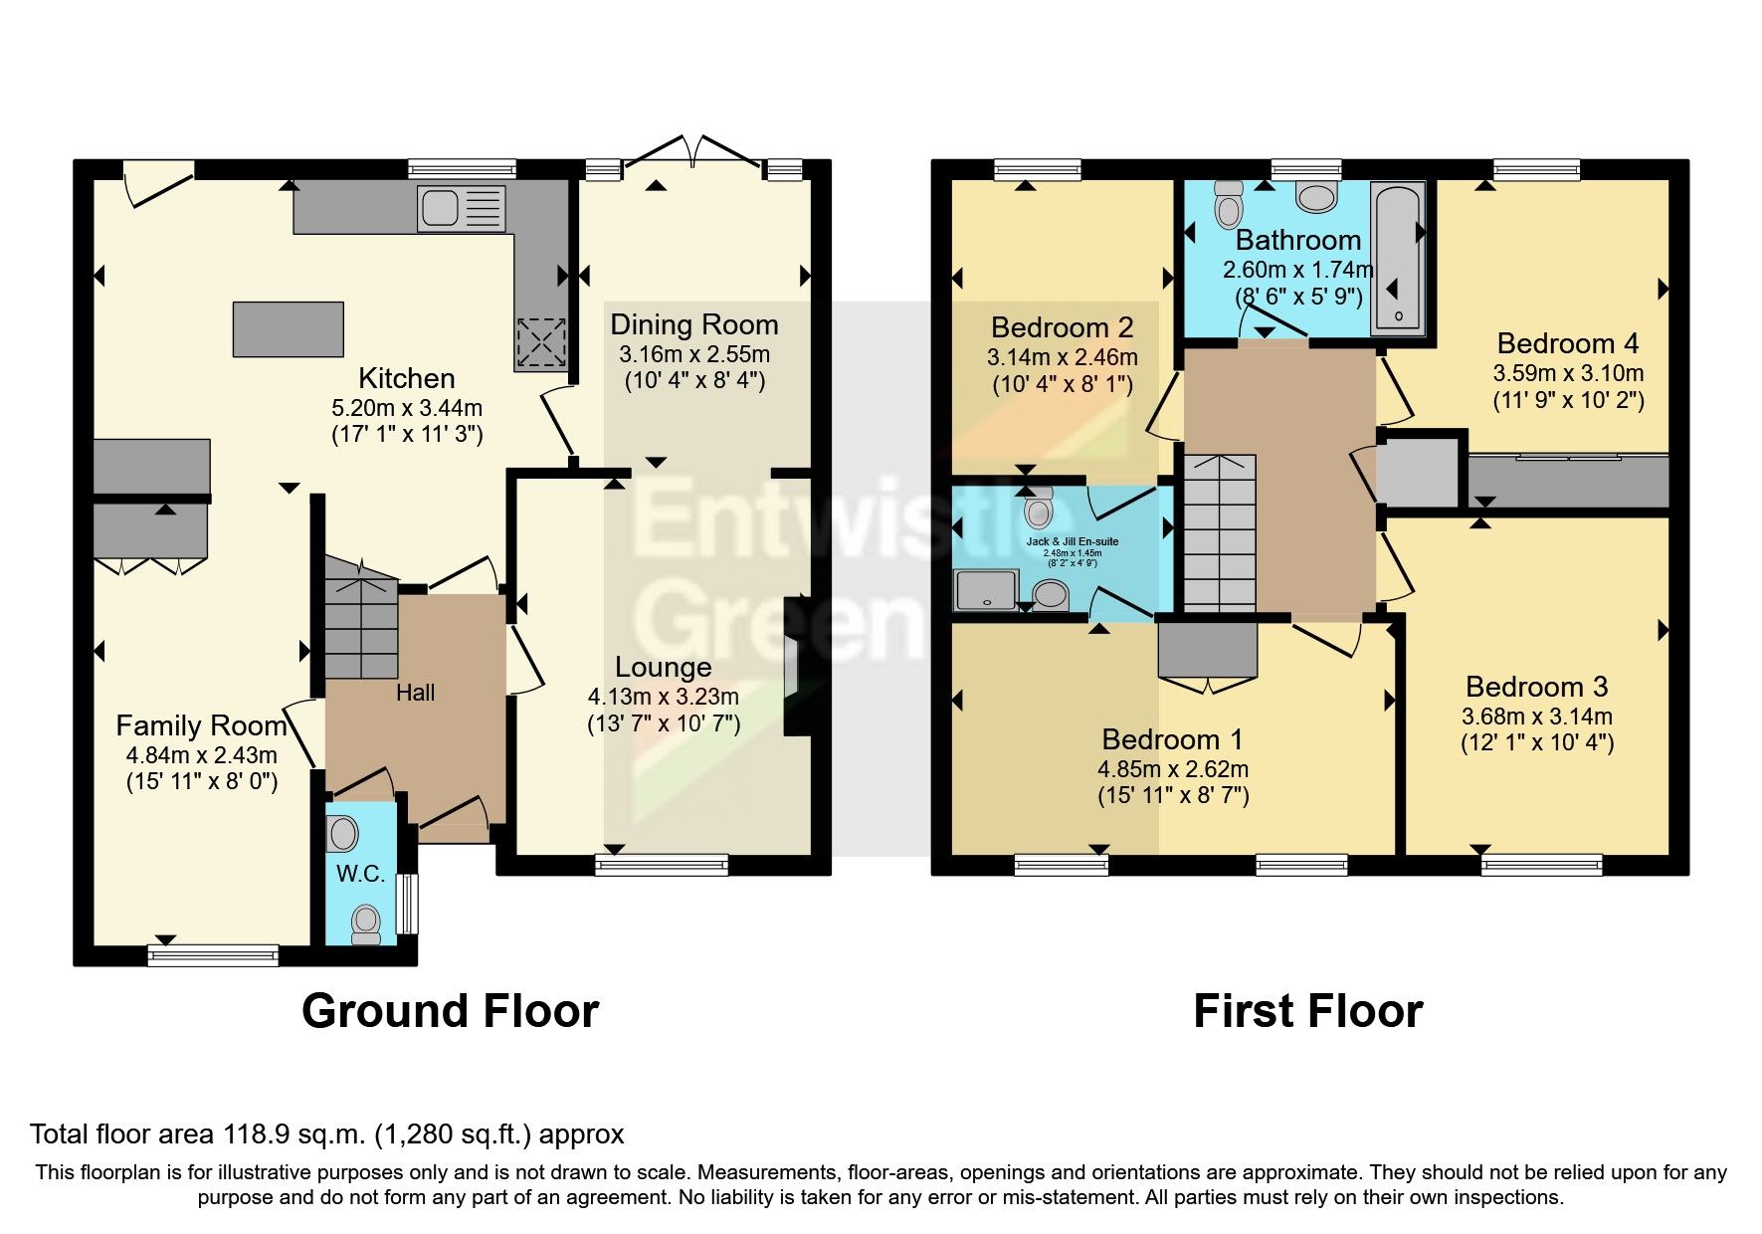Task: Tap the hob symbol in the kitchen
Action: (x=540, y=344)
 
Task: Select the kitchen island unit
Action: (x=289, y=328)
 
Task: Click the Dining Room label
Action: (x=693, y=325)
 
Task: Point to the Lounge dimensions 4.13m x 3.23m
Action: (x=663, y=697)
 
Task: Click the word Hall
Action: (x=415, y=693)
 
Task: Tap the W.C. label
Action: (x=360, y=874)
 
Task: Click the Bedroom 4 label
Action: (x=1567, y=343)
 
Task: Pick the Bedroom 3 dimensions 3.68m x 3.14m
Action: (x=1536, y=717)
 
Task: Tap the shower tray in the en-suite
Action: (x=986, y=589)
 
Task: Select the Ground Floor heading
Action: (x=450, y=1011)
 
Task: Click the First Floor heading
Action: (x=1307, y=1011)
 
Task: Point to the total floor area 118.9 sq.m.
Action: (x=326, y=1133)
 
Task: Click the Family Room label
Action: (x=201, y=725)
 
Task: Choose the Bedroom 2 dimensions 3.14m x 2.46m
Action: (x=1062, y=357)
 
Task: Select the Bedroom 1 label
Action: (x=1172, y=739)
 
